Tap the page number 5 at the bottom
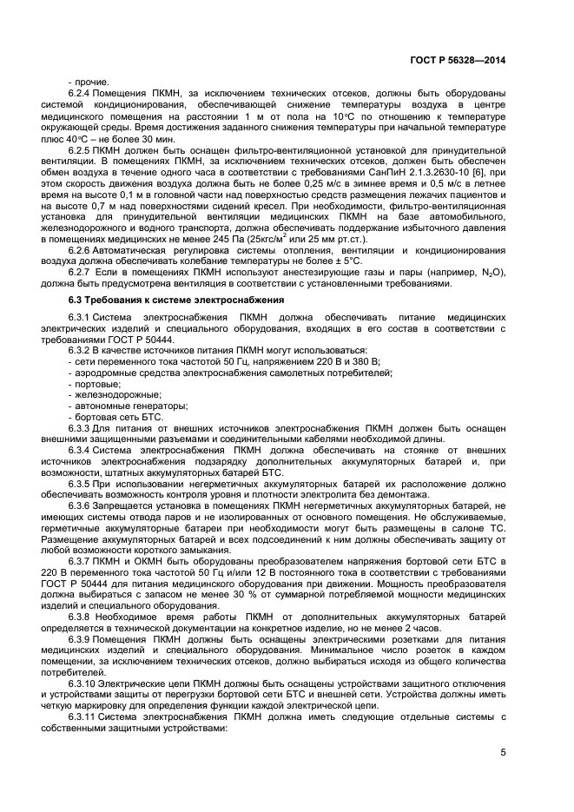coord(504,752)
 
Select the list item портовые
coord(95,384)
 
